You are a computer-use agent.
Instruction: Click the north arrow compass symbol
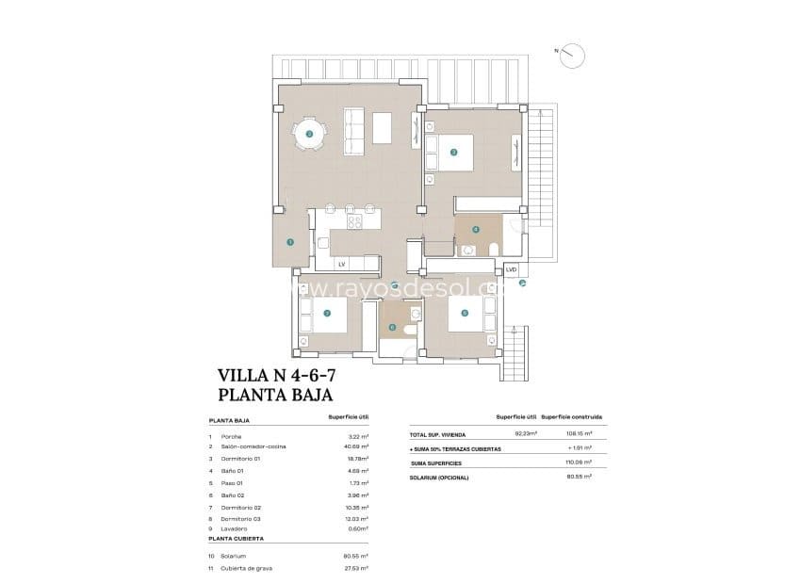570,56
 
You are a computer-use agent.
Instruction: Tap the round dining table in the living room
310,136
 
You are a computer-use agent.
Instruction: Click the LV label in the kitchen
342,264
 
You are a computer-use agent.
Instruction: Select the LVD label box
512,268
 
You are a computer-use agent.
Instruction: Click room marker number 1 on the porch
290,242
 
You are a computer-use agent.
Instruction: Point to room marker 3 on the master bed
453,151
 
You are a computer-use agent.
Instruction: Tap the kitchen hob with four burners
355,222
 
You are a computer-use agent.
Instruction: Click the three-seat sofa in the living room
354,133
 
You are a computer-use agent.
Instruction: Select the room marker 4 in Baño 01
475,229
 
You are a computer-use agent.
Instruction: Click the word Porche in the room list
232,437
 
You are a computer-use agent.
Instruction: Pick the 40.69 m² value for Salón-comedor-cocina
355,446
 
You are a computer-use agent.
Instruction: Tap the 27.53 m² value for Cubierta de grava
355,568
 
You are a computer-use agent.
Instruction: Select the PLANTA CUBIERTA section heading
236,538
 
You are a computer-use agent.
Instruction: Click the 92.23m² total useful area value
525,434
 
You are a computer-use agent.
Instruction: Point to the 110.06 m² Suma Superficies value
578,462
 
